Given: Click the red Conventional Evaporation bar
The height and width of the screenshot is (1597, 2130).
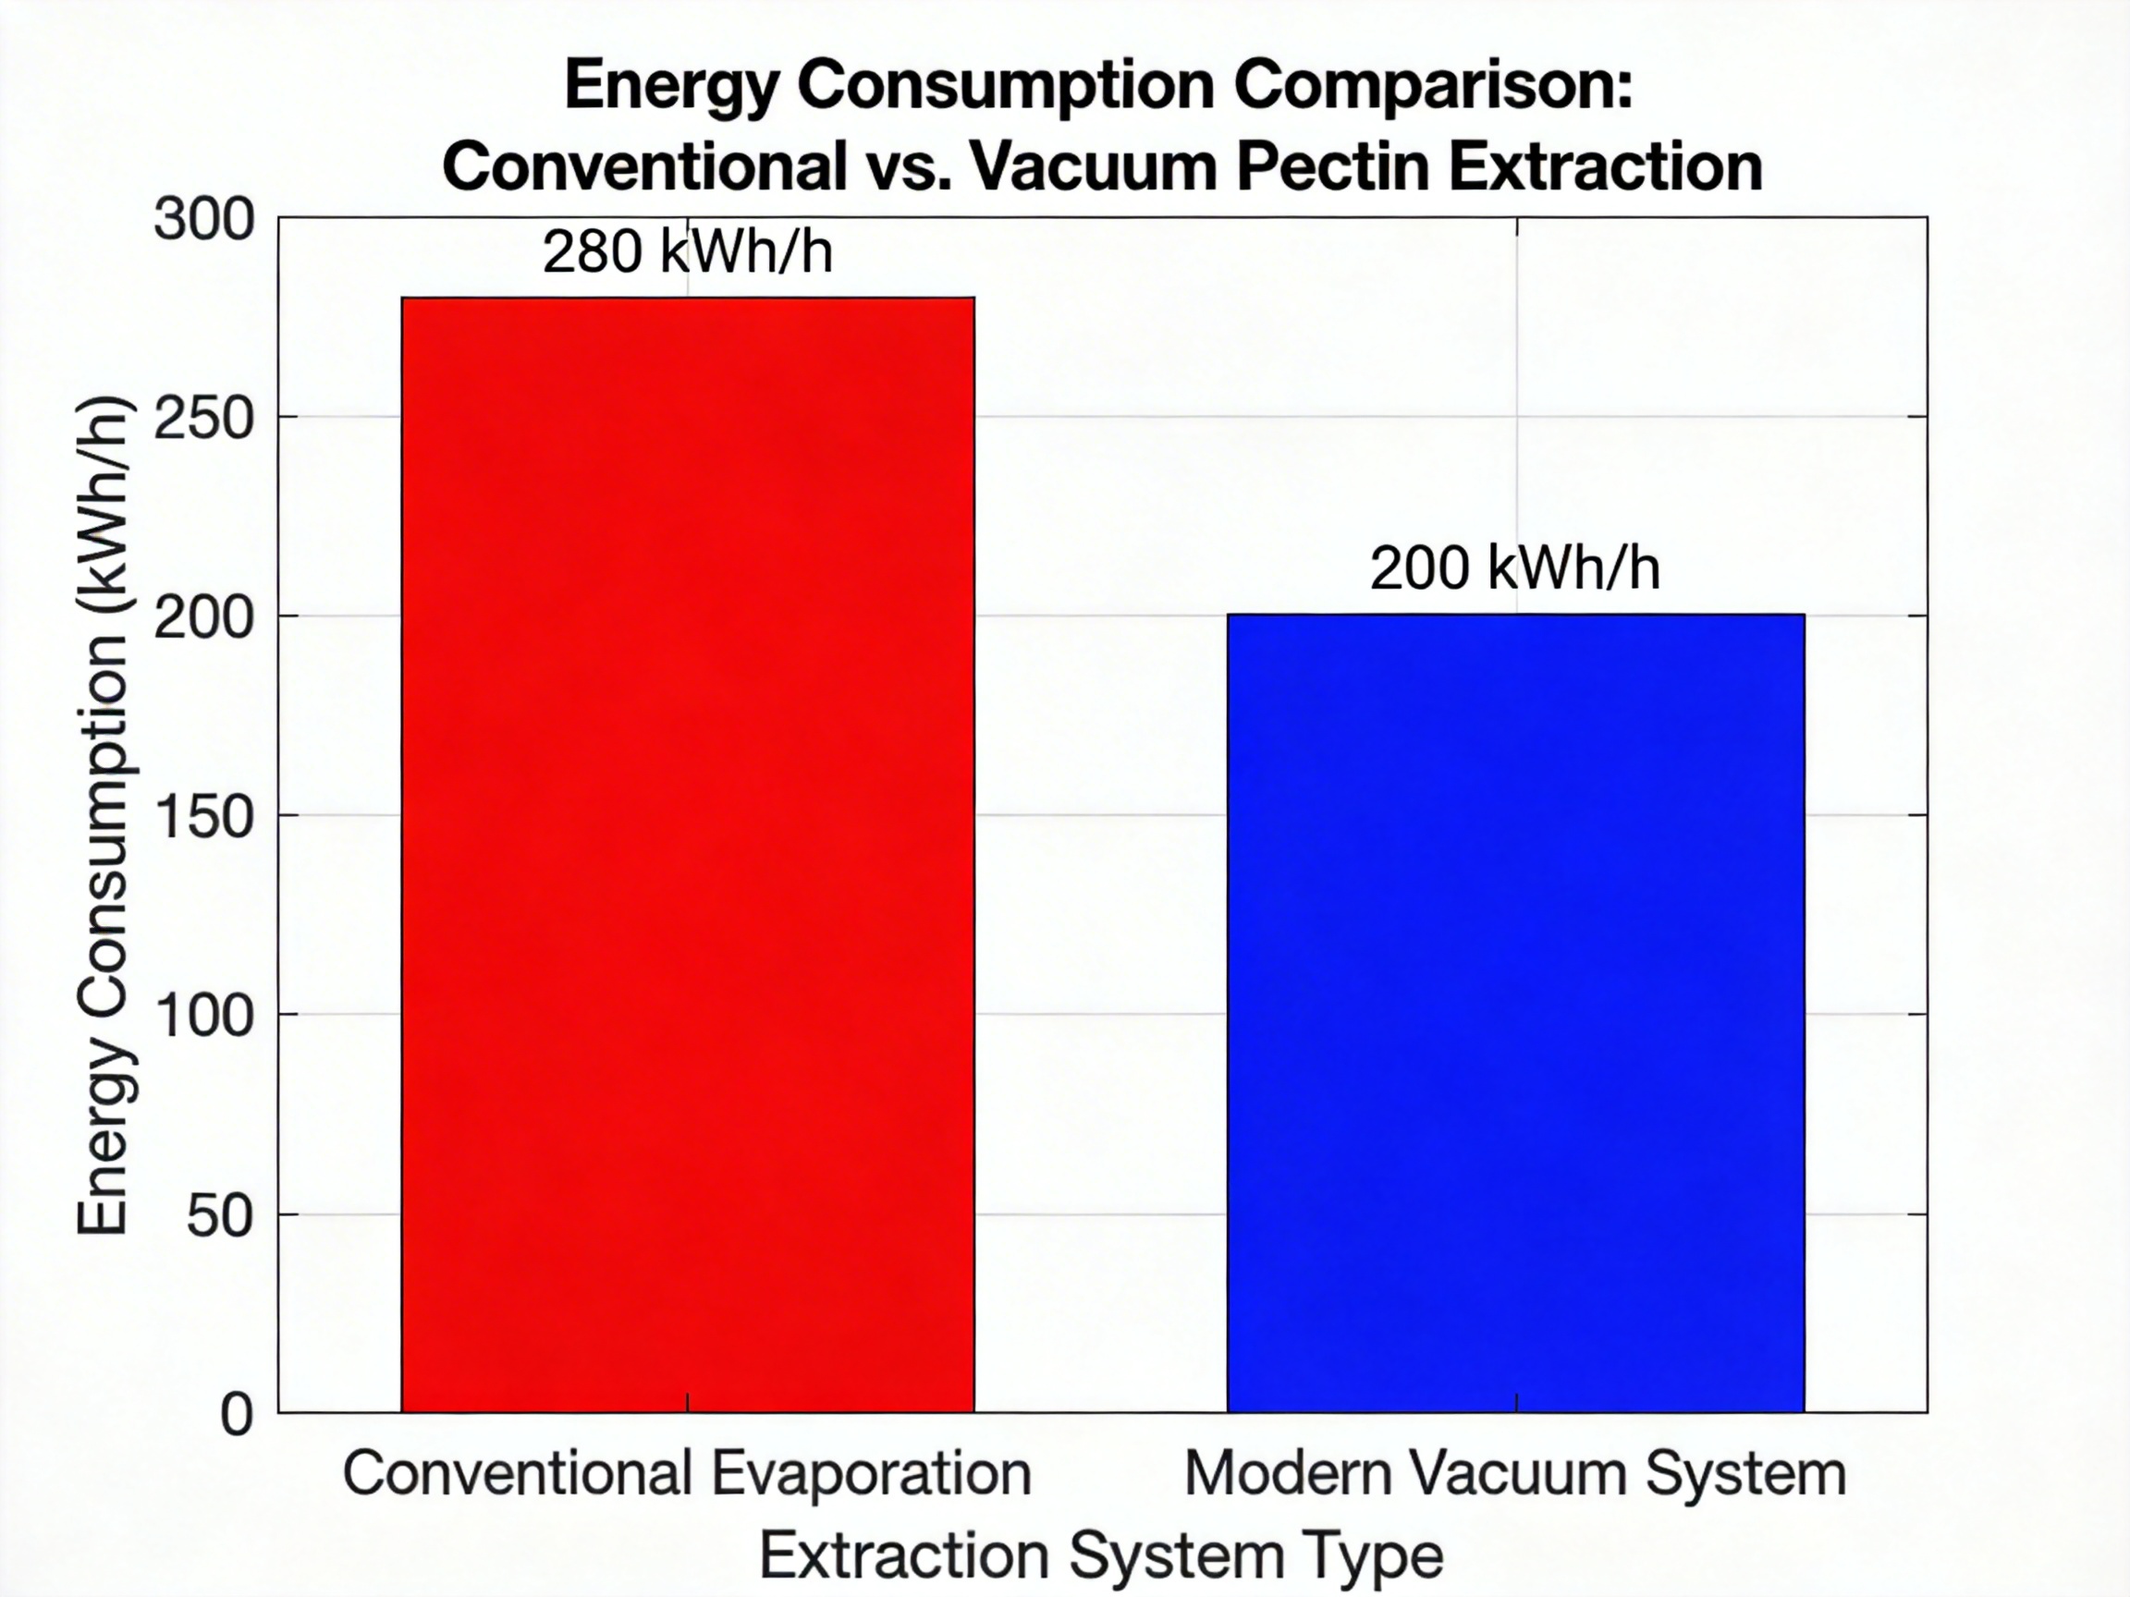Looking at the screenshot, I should [x=688, y=855].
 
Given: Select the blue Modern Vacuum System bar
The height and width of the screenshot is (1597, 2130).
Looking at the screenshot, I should [x=1515, y=1013].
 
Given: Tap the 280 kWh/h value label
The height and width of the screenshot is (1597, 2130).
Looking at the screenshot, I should [x=688, y=252].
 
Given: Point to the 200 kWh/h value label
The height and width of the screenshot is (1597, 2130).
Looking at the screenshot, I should [x=1514, y=568].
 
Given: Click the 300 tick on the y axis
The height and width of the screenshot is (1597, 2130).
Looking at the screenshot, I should [x=204, y=219].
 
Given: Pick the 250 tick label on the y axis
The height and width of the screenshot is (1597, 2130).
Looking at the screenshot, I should [x=204, y=419].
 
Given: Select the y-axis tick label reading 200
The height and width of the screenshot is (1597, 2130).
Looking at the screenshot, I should [x=204, y=618].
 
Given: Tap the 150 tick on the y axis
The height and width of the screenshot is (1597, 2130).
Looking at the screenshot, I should [x=204, y=817].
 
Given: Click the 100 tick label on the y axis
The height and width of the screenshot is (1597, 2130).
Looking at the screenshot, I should [x=204, y=1016].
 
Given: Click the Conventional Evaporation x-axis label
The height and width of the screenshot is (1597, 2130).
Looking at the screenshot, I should [x=688, y=1474].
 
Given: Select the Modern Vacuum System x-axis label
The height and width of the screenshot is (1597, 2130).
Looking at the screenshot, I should [x=1514, y=1474].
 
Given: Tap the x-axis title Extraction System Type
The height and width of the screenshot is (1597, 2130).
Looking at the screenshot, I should [x=1102, y=1555].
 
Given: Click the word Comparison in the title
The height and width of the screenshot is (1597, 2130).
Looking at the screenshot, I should [x=1434, y=85].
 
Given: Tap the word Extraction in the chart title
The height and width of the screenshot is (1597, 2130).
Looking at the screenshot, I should [x=1605, y=166].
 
